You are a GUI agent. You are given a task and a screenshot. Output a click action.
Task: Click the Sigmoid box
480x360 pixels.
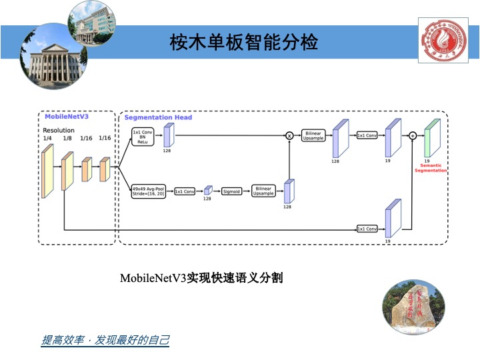(231, 191)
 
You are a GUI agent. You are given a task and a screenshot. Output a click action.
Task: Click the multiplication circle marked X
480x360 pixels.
(289, 135)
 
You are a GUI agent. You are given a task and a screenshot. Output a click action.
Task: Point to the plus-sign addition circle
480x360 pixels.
(413, 135)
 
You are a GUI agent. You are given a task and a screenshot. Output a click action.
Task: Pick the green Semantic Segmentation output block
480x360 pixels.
(431, 137)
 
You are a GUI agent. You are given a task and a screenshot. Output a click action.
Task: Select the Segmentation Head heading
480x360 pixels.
(158, 117)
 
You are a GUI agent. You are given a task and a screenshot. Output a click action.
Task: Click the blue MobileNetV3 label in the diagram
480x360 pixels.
(67, 116)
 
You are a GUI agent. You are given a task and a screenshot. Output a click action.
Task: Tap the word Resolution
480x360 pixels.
(59, 130)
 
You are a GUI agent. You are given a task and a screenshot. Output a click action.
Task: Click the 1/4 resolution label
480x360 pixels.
(47, 138)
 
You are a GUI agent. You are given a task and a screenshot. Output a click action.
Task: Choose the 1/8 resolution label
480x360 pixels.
(67, 138)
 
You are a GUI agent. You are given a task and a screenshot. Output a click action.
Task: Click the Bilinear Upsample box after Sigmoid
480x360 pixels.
(264, 191)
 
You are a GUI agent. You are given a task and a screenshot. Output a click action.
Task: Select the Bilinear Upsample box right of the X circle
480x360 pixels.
(313, 135)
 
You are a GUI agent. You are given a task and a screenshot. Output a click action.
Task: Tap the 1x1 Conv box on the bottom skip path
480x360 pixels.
(367, 229)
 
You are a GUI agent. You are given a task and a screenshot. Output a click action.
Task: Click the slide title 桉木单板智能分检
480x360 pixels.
(245, 43)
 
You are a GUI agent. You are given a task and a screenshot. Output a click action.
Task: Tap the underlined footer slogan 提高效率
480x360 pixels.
(105, 341)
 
